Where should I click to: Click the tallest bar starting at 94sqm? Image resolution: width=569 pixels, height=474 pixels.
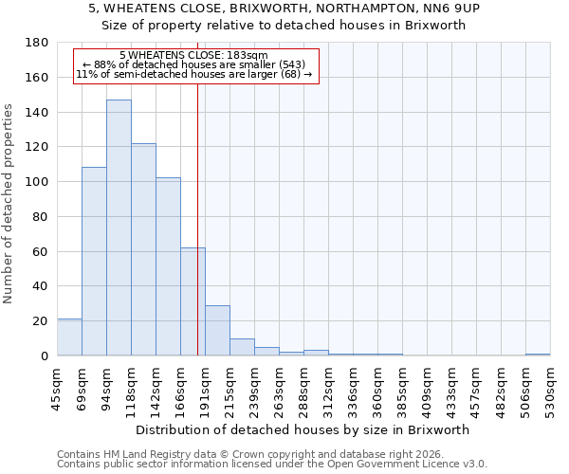119,228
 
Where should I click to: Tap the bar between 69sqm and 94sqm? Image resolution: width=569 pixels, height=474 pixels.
94,262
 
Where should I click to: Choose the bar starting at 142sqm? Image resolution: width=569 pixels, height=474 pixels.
168,266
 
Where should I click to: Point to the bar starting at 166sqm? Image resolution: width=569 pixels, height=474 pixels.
193,301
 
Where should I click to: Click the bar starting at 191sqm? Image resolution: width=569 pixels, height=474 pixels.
217,331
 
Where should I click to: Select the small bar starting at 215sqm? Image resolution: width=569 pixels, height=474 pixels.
242,347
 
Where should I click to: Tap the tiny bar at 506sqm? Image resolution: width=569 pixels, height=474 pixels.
538,355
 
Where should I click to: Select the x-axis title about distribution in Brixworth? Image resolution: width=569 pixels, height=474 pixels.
302,429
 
